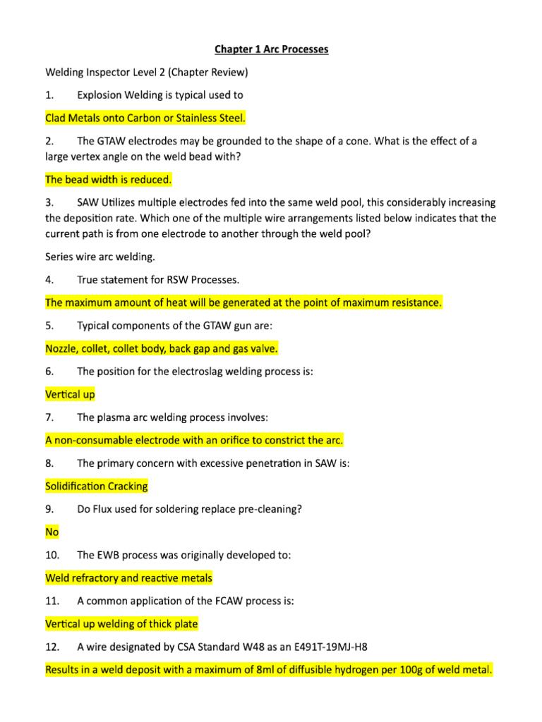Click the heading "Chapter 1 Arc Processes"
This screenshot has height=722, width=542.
(x=271, y=49)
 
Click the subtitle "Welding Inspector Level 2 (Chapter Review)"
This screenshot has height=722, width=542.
(x=147, y=72)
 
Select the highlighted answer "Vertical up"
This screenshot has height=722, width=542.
(x=70, y=394)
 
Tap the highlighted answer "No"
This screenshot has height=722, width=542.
(x=52, y=532)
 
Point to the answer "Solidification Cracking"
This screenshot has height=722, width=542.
(x=97, y=486)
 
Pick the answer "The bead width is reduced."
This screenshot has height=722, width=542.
(x=109, y=180)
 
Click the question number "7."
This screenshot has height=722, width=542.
(x=50, y=417)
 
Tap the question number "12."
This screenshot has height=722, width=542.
(x=53, y=647)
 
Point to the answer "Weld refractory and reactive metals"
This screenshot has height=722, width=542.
(x=128, y=578)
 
